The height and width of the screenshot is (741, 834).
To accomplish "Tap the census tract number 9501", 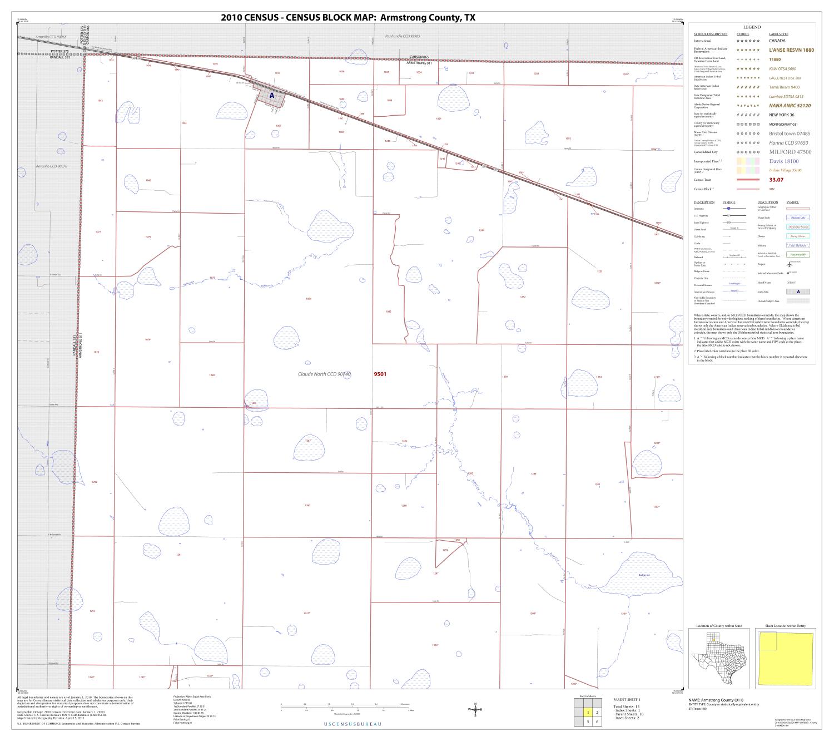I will (380, 374).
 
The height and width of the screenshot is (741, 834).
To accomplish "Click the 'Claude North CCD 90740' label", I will (324, 374).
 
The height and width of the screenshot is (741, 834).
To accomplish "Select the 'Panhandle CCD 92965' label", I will (403, 36).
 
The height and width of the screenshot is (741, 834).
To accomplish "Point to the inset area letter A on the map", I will (272, 96).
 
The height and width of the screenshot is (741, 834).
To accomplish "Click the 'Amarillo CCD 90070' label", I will (51, 166).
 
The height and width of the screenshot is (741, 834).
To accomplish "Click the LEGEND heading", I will (752, 27).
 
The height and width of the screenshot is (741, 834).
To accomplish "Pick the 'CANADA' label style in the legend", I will (777, 41).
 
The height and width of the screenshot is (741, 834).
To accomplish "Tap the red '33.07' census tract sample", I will (776, 180).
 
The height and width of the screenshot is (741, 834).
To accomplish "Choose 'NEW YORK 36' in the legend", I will (782, 115).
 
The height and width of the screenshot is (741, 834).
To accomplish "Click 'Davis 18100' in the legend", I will (784, 161).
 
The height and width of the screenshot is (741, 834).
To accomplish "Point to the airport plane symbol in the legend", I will (790, 264).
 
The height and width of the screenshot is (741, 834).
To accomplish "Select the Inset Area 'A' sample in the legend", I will (798, 292).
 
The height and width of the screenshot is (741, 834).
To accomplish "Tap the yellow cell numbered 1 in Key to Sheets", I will (587, 712).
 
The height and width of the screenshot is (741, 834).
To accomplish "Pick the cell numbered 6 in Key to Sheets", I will (598, 722).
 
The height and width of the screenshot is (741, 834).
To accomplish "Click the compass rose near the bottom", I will (475, 709).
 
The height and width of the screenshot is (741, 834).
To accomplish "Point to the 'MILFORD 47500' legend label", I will (790, 152).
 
